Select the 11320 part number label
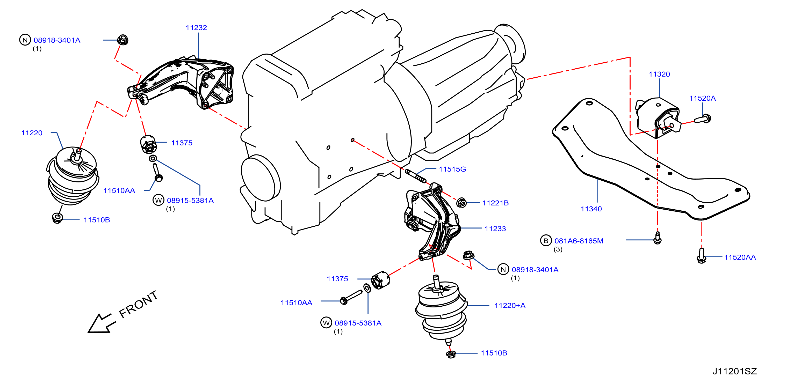coord(659,74)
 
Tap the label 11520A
coord(702,98)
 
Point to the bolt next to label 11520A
coord(703,119)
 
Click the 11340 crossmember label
coord(591,209)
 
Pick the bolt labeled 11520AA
coord(702,256)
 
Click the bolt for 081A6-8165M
coord(658,238)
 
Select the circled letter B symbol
coord(546,241)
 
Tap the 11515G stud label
coord(452,169)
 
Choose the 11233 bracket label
coord(495,229)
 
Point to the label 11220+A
coord(510,306)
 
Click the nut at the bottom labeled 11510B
coord(451,354)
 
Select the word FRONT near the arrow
coord(138,304)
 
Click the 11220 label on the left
coord(32,133)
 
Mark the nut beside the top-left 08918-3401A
coord(123,40)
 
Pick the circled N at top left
coord(25,40)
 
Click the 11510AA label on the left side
coord(119,191)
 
